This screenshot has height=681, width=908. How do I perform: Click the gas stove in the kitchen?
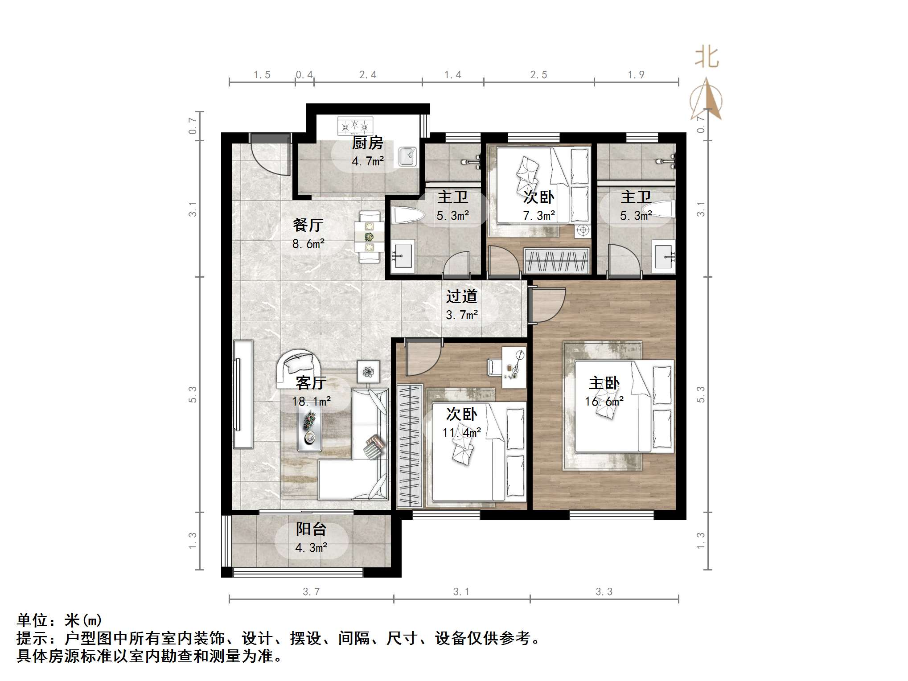(x=355, y=126)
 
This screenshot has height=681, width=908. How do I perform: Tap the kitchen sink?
(x=407, y=156)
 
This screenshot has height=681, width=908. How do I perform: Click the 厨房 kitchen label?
(x=367, y=144)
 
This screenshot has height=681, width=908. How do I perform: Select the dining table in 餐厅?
(x=369, y=237)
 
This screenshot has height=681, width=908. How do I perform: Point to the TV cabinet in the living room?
(x=243, y=394)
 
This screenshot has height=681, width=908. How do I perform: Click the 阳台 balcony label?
(x=311, y=529)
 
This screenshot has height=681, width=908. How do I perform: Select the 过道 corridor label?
(x=462, y=296)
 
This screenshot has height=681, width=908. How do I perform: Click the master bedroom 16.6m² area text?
(x=604, y=402)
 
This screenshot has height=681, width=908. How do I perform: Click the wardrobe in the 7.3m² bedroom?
(x=557, y=260)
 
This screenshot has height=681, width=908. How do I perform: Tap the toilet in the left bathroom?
(x=407, y=216)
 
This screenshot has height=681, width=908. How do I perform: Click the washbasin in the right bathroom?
(x=664, y=257)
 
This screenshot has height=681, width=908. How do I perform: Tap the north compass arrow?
(x=707, y=100)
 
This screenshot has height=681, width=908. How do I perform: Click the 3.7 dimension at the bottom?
(x=311, y=591)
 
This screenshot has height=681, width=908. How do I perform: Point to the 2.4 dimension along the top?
(x=368, y=75)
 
